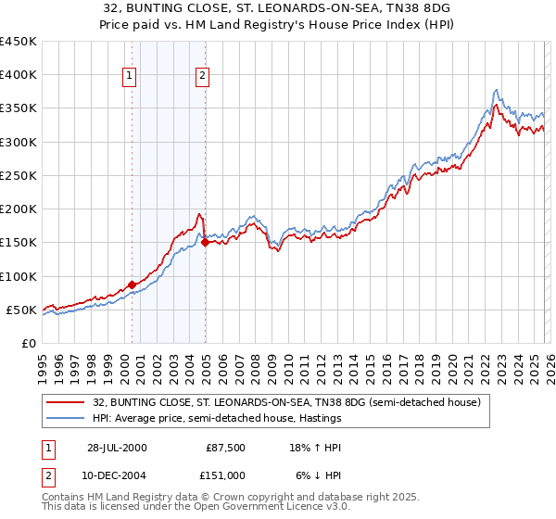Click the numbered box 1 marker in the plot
129,77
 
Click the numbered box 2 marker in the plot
202,77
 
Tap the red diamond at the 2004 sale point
205,243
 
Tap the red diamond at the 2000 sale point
132,285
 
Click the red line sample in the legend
67,403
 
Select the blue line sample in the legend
67,419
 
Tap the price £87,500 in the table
225,447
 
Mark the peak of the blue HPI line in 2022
497,90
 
